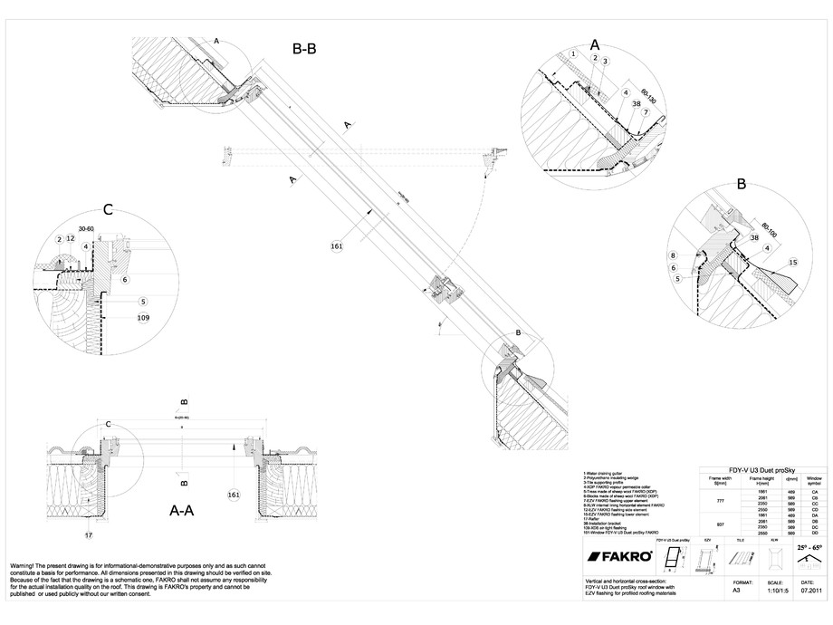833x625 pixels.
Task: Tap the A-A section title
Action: tap(182, 511)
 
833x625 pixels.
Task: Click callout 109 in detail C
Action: tap(142, 318)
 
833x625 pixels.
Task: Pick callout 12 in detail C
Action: tap(70, 238)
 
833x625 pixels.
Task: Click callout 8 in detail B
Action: tap(674, 256)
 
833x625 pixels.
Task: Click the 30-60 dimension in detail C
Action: tap(87, 228)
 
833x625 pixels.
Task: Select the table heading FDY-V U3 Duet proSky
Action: tap(762, 462)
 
